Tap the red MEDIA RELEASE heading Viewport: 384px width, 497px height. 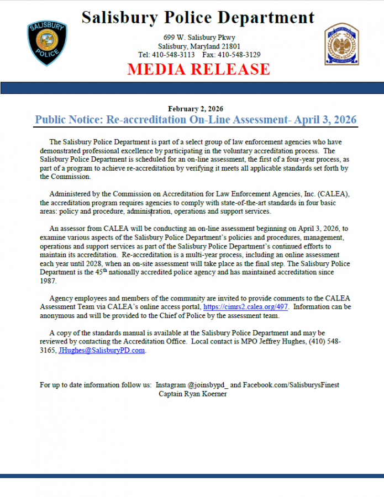pos(199,69)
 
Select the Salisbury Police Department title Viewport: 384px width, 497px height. pos(198,18)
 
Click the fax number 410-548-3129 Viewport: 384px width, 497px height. pos(239,55)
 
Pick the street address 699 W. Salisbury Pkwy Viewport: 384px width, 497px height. pos(199,37)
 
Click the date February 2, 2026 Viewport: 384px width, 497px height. pos(196,109)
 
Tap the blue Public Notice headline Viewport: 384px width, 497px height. pos(196,120)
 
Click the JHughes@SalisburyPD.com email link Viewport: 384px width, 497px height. pos(102,350)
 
